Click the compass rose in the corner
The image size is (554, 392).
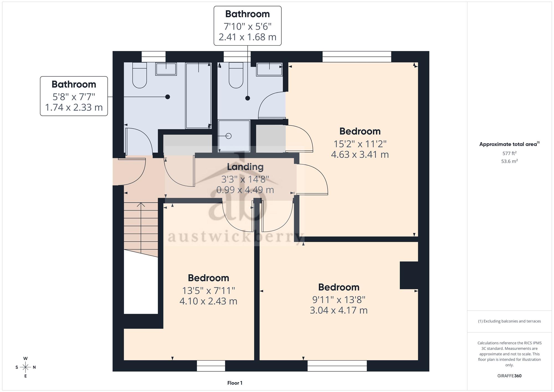25,367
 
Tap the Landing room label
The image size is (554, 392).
245,167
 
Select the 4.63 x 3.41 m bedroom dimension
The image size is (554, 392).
360,154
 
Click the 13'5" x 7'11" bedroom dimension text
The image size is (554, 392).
208,291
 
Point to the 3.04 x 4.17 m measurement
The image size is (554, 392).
338,310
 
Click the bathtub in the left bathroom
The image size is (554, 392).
198,96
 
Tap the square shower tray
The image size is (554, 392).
234,136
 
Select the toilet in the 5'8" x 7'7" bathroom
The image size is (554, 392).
140,75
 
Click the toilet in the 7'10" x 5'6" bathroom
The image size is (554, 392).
236,75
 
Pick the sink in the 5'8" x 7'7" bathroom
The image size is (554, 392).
166,69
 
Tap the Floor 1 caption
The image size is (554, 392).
235,383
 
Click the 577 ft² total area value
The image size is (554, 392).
509,153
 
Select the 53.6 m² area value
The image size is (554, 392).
509,161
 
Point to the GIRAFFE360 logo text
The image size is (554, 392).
509,376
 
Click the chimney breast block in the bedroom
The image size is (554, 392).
409,275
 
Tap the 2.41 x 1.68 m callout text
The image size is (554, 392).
247,37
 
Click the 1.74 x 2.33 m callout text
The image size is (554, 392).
74,107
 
